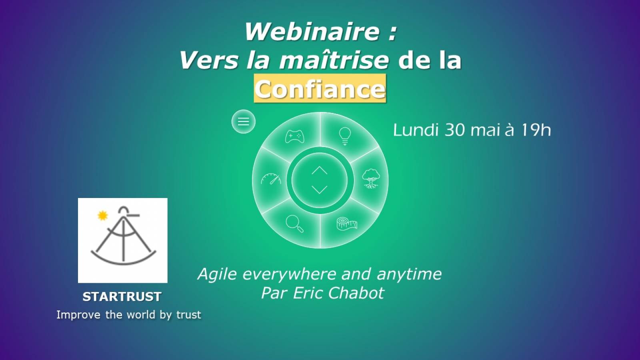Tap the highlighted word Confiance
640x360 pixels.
(x=320, y=89)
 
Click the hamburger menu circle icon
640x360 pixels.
(x=244, y=122)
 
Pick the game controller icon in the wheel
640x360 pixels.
(x=295, y=136)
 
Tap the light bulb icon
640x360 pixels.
(x=345, y=136)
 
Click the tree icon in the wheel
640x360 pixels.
(x=371, y=178)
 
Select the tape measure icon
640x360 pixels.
(x=347, y=224)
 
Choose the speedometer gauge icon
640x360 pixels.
(x=271, y=179)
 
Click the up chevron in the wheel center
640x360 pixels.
(x=320, y=170)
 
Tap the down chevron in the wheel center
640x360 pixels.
(x=320, y=190)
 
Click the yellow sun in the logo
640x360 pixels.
(x=102, y=216)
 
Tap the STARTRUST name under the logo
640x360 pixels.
(x=122, y=297)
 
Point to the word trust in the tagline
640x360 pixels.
(x=188, y=314)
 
